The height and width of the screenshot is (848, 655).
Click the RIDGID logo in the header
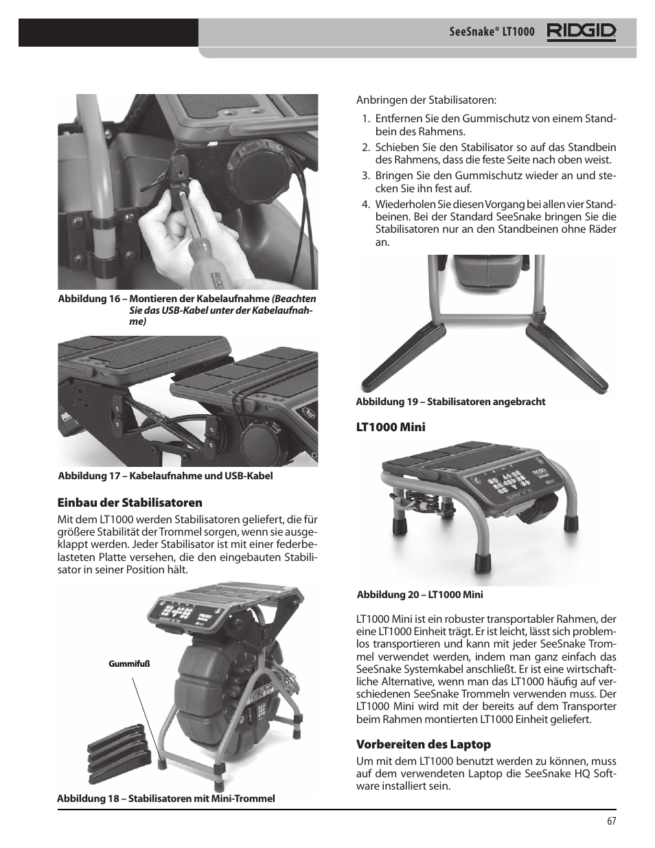pos(581,32)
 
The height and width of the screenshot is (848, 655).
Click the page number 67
pos(611,821)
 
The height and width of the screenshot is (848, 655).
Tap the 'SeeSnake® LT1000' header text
pos(492,33)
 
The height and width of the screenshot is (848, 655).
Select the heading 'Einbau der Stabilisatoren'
pos(130,503)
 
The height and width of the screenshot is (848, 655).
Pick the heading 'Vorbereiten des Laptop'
pos(423,744)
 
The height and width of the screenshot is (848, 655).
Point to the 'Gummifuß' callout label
pos(129,664)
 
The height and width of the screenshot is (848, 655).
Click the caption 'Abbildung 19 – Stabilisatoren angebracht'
pos(450,402)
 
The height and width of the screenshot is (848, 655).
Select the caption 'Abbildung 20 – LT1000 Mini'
pos(420,595)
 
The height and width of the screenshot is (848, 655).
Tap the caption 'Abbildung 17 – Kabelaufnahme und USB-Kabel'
pos(165,476)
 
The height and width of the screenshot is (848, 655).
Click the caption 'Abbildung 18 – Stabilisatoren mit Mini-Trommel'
pos(166,798)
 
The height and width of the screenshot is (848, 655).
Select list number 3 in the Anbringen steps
pos(365,176)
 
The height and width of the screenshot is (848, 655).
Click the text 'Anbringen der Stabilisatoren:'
pos(426,100)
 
